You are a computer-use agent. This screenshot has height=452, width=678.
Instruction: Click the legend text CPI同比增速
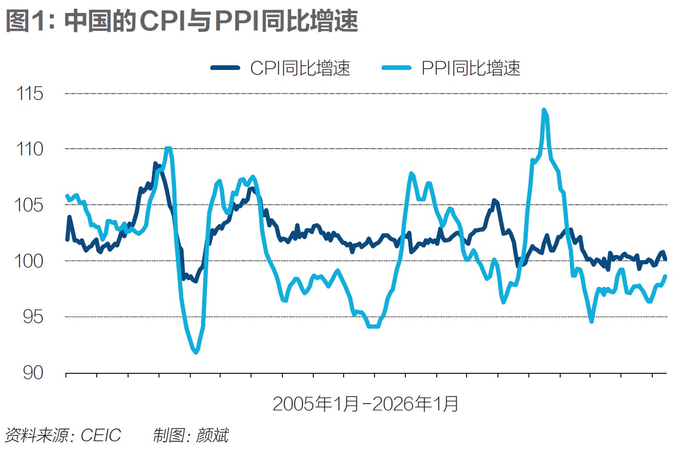(300, 68)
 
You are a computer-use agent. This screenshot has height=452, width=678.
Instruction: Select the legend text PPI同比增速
(471, 68)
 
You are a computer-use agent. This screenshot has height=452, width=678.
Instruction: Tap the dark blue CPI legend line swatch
(225, 68)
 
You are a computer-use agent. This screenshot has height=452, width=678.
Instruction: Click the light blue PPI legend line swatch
(396, 68)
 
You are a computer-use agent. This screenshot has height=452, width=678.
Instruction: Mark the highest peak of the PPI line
(544, 110)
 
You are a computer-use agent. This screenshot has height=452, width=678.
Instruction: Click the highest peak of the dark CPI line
(155, 164)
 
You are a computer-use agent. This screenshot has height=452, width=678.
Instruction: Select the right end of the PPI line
(666, 276)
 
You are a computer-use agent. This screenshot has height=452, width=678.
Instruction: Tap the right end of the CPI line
(666, 259)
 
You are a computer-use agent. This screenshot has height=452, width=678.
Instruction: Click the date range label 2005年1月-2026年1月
(365, 404)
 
